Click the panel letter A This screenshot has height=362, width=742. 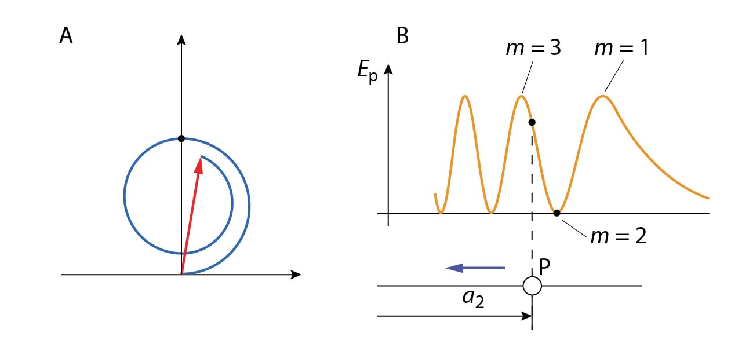point(66,36)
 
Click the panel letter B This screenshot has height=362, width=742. point(402,36)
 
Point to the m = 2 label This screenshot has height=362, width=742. point(618,236)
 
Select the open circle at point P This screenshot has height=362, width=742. point(532,286)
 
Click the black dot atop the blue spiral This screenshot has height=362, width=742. point(181,138)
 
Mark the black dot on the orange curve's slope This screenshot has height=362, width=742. point(532,122)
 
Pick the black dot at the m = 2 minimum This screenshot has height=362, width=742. point(556,213)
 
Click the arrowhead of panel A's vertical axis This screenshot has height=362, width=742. point(181,39)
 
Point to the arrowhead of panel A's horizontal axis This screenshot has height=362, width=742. point(296,275)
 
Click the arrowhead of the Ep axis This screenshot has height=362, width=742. point(388,70)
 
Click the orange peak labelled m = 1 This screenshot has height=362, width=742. point(603,96)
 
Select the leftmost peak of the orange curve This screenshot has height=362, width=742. point(465,96)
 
